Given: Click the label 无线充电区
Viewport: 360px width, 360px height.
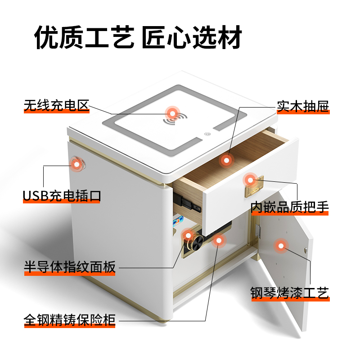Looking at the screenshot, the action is tap(57, 106).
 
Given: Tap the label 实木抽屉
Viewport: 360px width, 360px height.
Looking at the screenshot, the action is tap(303, 107).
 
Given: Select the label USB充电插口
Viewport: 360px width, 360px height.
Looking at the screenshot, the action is tap(62, 196).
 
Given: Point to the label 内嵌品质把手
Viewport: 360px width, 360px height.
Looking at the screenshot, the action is tap(290, 207).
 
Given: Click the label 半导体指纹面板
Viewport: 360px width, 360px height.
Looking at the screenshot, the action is tap(70, 267).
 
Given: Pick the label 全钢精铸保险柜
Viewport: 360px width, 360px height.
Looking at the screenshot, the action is tap(70, 321).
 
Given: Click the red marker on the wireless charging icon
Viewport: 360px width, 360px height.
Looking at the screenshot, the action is tap(171, 112).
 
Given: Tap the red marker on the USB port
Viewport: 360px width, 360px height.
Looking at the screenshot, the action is tap(77, 164).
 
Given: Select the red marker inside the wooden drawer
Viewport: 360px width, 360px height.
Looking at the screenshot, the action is tap(226, 160).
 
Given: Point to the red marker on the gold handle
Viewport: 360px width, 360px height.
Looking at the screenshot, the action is tap(250, 180).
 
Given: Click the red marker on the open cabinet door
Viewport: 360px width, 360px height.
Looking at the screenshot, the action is tap(281, 245).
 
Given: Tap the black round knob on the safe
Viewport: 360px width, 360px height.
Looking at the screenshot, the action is tap(195, 244).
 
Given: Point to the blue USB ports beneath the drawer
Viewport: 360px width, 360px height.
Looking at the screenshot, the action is tap(179, 222).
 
